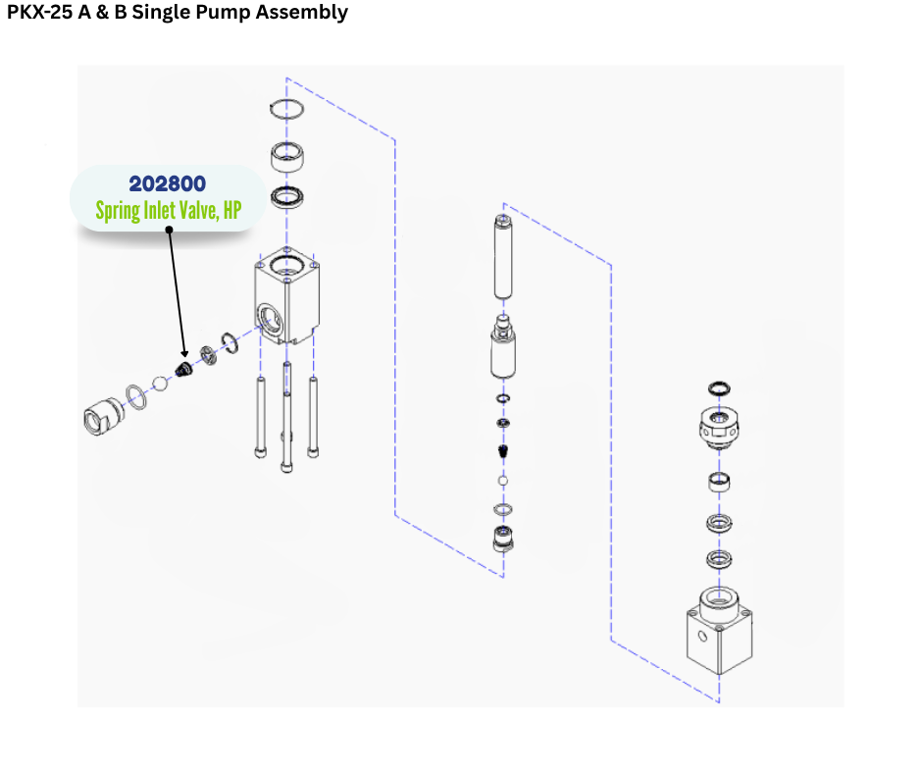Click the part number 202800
pos(167,183)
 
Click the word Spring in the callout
pos(120,210)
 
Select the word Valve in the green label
pos(196,210)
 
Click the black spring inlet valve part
pos(182,369)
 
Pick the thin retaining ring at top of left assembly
pos(287,110)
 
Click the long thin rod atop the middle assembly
pos(503,257)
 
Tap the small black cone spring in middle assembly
pos(503,451)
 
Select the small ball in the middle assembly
pos(503,482)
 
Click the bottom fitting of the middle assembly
pos(503,539)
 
